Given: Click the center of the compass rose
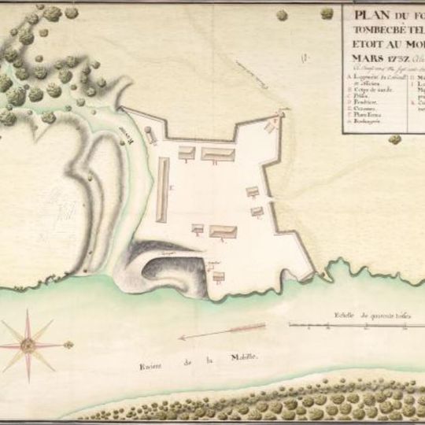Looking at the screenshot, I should tap(28, 343).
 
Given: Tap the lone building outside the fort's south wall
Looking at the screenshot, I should tap(219, 276).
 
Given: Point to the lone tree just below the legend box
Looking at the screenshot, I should tap(394, 139).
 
